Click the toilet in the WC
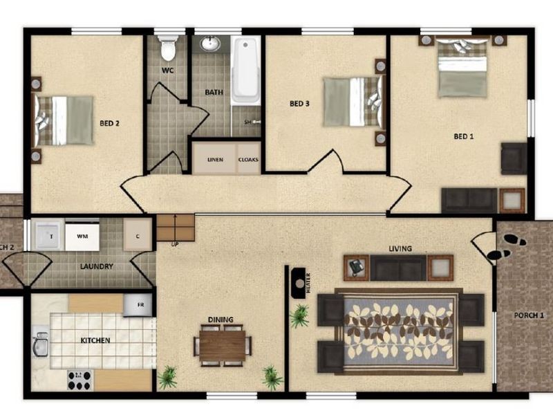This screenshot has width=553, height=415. [167, 49]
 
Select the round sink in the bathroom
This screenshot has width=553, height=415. [210, 44]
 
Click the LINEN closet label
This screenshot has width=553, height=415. [215, 160]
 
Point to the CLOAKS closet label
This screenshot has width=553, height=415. [248, 160]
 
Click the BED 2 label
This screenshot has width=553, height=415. [110, 124]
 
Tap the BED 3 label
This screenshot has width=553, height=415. [299, 104]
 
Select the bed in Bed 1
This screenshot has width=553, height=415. [462, 66]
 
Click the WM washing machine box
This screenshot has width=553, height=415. [82, 237]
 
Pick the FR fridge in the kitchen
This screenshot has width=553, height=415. [138, 304]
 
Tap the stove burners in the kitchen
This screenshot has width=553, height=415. [79, 379]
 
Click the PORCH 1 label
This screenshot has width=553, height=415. [529, 316]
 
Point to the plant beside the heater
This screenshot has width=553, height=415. [300, 316]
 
